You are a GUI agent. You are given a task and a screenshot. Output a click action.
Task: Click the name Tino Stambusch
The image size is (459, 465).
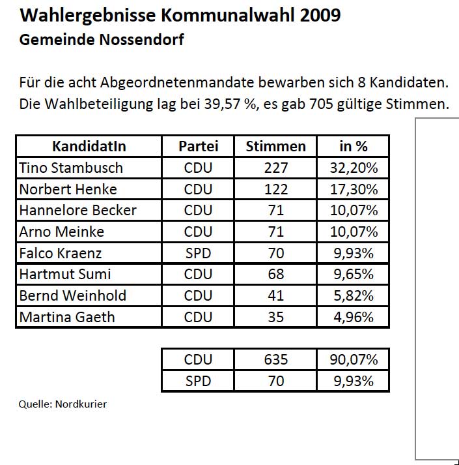click(71, 168)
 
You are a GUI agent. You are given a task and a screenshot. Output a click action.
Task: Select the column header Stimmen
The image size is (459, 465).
click(275, 146)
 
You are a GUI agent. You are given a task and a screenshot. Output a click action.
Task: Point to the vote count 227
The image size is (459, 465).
click(275, 168)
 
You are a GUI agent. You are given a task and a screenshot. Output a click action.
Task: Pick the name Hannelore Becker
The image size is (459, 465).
click(78, 210)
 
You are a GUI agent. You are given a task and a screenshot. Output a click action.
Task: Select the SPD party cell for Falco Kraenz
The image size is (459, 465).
click(198, 253)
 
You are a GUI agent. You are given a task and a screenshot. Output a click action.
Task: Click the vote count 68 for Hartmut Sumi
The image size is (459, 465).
click(275, 275)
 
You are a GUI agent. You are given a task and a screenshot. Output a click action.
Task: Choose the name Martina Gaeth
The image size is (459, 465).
click(67, 317)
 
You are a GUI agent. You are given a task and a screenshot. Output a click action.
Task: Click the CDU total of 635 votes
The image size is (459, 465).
click(275, 359)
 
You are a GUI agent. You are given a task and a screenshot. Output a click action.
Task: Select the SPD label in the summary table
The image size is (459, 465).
click(198, 381)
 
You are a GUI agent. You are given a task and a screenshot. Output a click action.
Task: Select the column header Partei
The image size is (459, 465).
click(198, 146)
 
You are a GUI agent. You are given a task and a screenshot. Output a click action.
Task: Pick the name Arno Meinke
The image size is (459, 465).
click(62, 232)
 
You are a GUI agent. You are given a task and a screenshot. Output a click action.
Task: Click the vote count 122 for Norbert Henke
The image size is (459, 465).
click(275, 189)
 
